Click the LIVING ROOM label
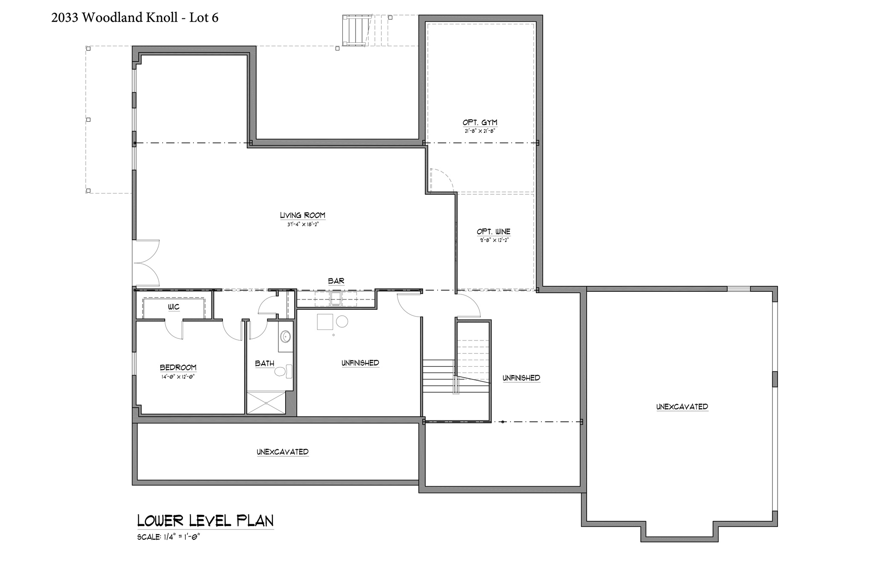(x=303, y=215)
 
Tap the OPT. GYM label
(x=480, y=123)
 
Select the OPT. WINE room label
(x=494, y=232)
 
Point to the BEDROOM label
(x=178, y=367)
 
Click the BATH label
(x=265, y=364)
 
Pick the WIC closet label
(x=174, y=307)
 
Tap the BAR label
(x=336, y=281)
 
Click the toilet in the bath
(x=283, y=371)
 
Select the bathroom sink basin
(x=286, y=337)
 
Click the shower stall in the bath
(x=266, y=402)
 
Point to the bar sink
(x=336, y=299)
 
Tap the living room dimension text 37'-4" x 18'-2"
(x=303, y=224)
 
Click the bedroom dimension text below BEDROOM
(x=178, y=377)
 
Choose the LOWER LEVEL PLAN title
(x=205, y=521)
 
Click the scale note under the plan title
(x=169, y=537)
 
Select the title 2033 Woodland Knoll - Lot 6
(x=135, y=18)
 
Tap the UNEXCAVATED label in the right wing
(x=682, y=407)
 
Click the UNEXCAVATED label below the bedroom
(x=283, y=452)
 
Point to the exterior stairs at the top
(x=355, y=30)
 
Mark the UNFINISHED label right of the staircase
(x=521, y=378)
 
